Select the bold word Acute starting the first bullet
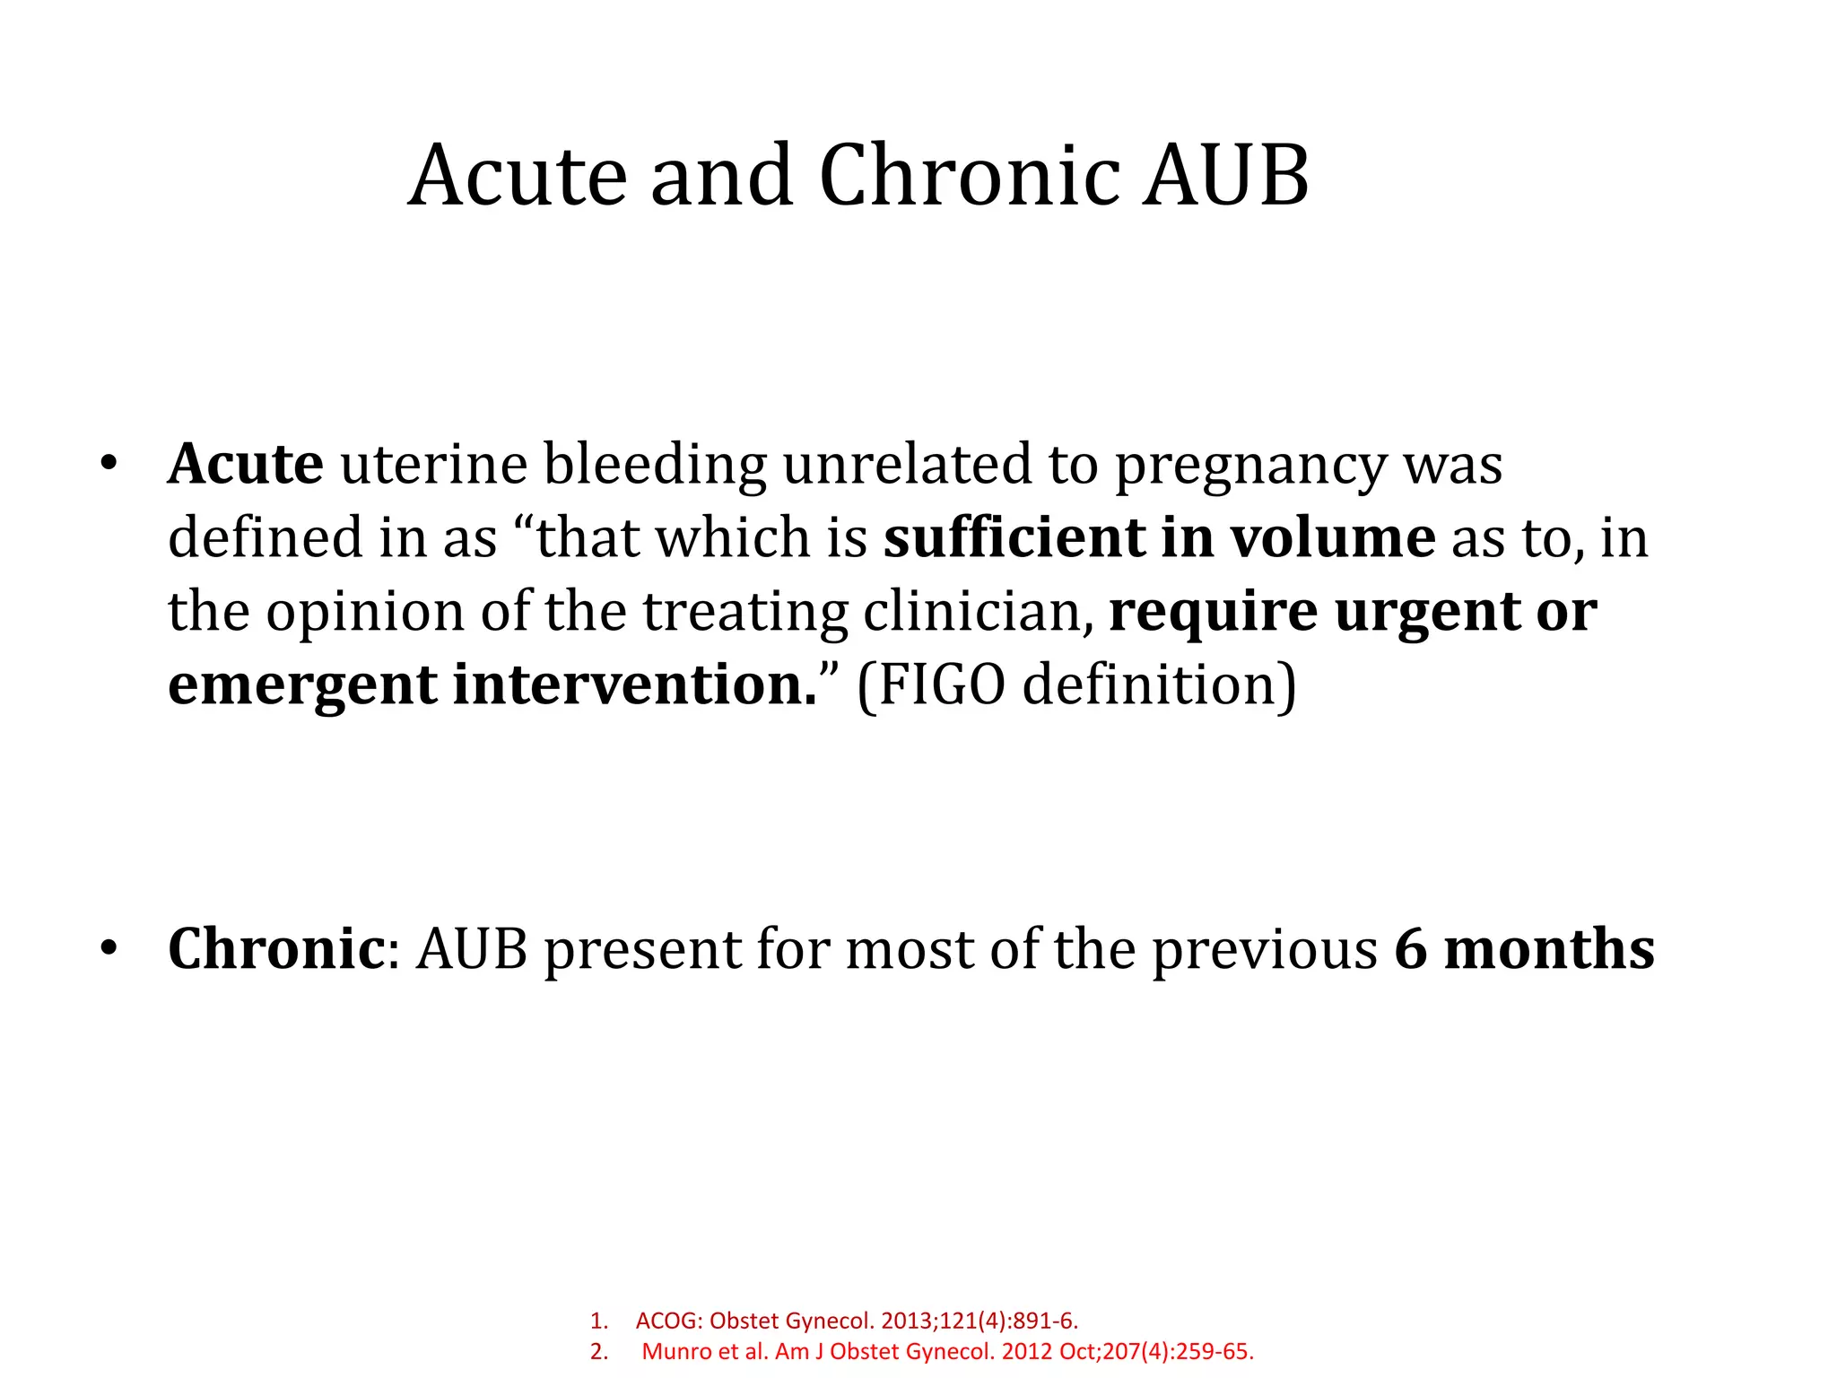click(246, 465)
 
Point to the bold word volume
click(1332, 538)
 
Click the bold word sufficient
click(1013, 538)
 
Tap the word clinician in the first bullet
click(978, 612)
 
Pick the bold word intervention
click(634, 685)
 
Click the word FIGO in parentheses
click(941, 685)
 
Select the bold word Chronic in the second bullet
click(276, 949)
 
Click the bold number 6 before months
click(1410, 949)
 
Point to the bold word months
click(1549, 949)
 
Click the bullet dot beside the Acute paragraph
click(109, 465)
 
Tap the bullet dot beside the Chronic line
click(109, 949)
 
